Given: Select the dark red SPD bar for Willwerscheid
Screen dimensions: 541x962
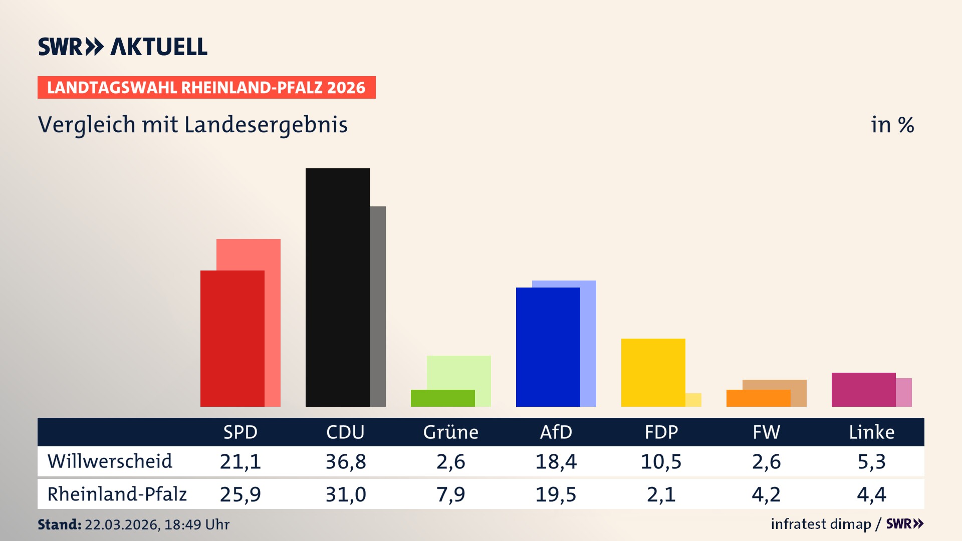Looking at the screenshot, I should coord(232,338).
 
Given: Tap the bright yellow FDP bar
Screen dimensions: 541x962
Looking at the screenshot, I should coord(653,372).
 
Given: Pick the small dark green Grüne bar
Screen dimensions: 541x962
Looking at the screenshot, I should coord(442,398).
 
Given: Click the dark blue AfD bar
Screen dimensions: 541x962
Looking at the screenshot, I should coord(548,347).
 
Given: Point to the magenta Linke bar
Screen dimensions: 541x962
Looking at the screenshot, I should coord(863,389).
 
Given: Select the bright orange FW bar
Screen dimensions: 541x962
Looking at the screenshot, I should coord(758,398).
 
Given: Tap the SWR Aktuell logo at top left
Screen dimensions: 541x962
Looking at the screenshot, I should coord(123,47).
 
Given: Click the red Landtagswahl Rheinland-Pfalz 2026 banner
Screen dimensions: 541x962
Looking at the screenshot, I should coord(206,88).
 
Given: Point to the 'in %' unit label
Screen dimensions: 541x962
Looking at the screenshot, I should coord(892,125).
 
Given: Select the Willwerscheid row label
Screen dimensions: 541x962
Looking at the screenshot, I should coord(110,461).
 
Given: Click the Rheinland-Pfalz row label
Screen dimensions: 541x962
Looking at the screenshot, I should coord(117,494).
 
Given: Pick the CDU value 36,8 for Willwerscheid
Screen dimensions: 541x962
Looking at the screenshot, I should coord(345,461).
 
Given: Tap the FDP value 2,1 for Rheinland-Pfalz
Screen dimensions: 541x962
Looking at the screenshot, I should coord(661,494).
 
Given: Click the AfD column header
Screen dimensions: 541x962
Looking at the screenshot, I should coord(556,432).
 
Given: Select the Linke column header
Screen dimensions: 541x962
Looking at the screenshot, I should coord(871,432).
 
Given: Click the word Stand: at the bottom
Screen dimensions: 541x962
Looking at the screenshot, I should coord(59,524).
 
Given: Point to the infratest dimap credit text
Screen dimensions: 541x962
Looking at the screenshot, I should coord(821,524).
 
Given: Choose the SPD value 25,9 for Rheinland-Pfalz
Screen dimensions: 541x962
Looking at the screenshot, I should coord(240,494).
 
